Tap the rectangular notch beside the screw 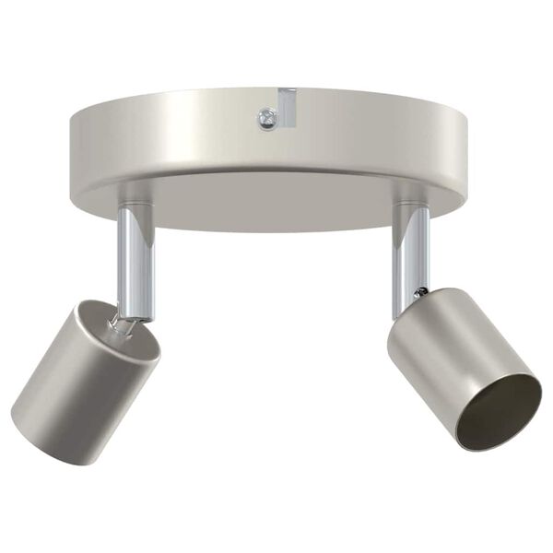click(288, 105)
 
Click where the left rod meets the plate click(135, 205)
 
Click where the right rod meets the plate click(411, 205)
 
